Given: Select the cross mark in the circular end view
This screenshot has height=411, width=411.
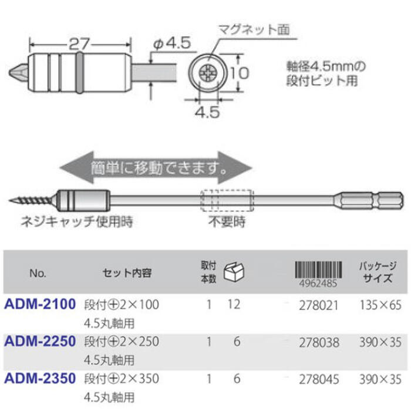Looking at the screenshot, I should (208, 73).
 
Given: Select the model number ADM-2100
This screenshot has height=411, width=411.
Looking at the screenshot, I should (40, 305).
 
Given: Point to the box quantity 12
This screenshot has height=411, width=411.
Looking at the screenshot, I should (234, 305).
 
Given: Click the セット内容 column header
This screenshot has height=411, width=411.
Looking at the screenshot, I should (127, 273).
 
